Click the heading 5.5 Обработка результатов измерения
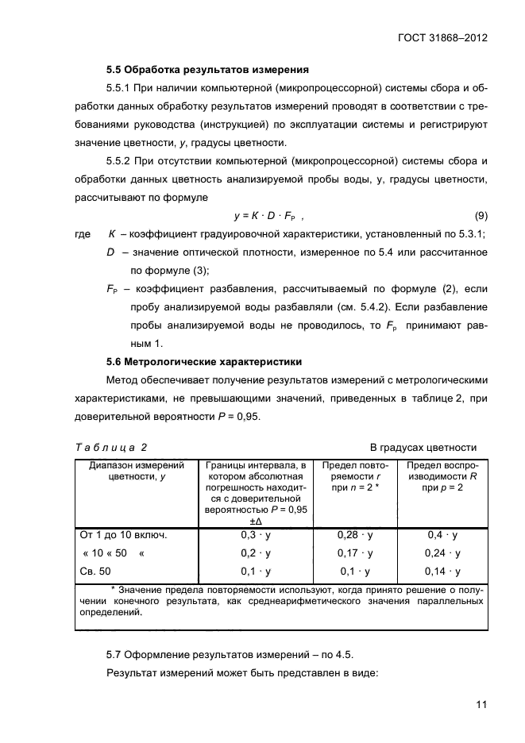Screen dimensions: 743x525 pyautogui.click(x=207, y=69)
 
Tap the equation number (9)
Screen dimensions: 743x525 pyautogui.click(x=481, y=215)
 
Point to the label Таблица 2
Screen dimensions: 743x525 pyautogui.click(x=111, y=447)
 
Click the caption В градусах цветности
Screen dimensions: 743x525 pyautogui.click(x=423, y=447)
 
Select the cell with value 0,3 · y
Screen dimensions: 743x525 pyautogui.click(x=256, y=535)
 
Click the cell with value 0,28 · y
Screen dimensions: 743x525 pyautogui.click(x=355, y=535)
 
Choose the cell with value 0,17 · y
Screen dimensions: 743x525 pyautogui.click(x=355, y=553)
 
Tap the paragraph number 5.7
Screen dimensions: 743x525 pyautogui.click(x=116, y=655)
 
